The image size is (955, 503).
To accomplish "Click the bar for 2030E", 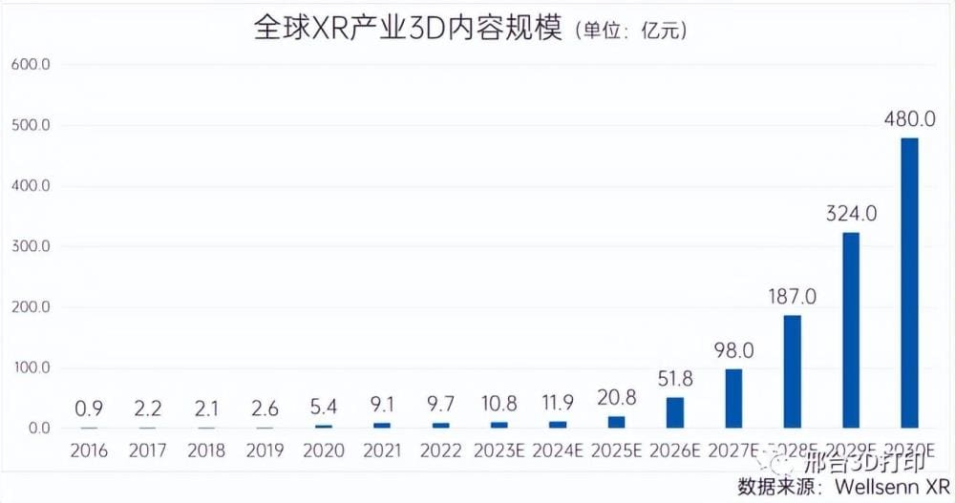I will click(909, 283).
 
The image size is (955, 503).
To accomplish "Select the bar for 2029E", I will click(850, 329).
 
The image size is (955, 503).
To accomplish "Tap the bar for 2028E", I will click(792, 371).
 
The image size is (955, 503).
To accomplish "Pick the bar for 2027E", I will click(733, 398).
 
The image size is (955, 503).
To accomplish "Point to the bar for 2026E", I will click(674, 412).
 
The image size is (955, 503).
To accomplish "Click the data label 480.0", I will click(909, 119).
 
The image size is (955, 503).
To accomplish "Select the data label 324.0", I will click(850, 213).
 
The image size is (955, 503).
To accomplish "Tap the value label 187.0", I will click(792, 296).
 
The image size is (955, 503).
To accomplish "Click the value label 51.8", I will click(674, 378).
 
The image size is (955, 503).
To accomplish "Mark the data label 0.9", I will click(89, 409).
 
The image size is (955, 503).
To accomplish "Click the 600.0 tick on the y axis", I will click(31, 65).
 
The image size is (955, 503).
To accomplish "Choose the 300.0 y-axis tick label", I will click(31, 246).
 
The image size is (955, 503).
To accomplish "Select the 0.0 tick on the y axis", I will click(38, 428).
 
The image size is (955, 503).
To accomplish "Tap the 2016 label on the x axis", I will click(89, 451).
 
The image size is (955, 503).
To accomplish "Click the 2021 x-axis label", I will click(381, 451).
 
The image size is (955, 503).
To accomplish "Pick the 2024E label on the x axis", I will click(558, 451).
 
